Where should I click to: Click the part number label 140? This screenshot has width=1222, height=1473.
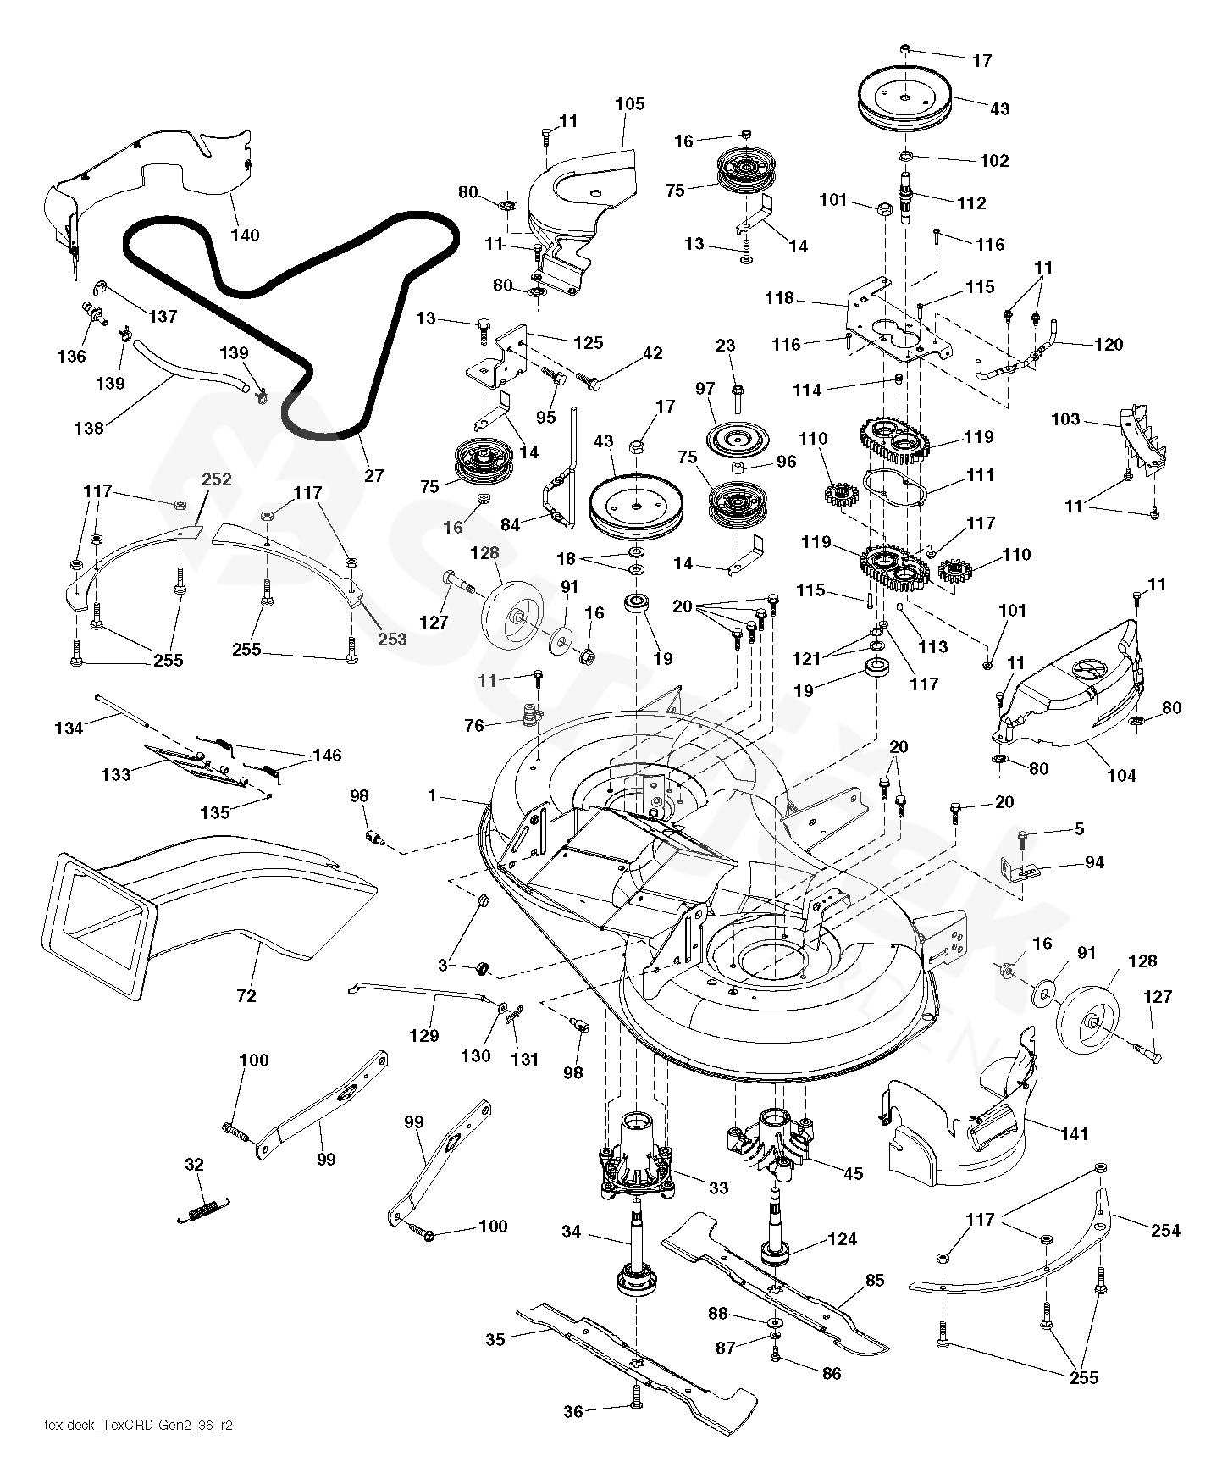(245, 235)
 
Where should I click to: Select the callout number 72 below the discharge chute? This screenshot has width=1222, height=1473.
(246, 996)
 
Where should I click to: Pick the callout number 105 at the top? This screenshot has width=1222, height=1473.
(629, 104)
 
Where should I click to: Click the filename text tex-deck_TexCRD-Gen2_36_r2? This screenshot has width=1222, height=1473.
(138, 1425)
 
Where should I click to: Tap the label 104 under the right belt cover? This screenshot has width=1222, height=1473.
(1121, 775)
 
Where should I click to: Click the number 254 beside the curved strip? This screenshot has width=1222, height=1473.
(1165, 1231)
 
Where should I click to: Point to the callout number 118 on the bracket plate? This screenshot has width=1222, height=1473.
(779, 297)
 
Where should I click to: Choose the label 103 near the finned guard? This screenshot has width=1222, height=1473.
(1065, 418)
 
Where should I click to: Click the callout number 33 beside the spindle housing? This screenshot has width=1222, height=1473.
(718, 1188)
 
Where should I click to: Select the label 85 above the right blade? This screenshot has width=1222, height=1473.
(874, 1280)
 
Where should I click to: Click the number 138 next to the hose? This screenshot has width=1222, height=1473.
(89, 428)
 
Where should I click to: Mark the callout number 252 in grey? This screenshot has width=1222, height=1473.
(216, 479)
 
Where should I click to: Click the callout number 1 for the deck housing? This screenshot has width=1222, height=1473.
(432, 795)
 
